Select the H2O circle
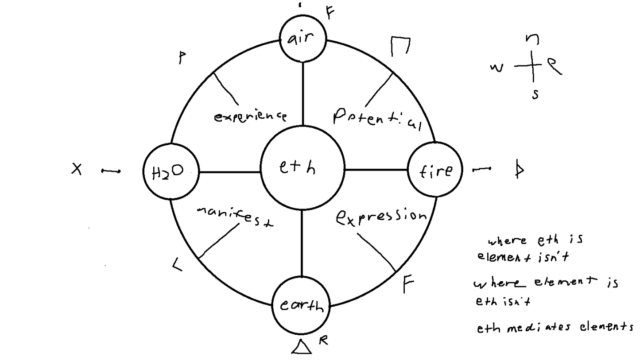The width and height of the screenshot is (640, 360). click(171, 171)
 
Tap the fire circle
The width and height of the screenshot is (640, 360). click(435, 170)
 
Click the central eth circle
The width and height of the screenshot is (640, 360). click(302, 167)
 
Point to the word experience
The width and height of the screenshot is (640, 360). click(250, 116)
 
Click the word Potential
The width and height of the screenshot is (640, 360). click(376, 118)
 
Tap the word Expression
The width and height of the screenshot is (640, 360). click(381, 217)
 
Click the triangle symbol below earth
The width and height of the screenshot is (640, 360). click(301, 347)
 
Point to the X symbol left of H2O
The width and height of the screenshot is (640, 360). click(77, 169)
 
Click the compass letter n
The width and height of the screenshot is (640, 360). click(532, 39)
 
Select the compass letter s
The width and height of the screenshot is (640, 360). click(535, 94)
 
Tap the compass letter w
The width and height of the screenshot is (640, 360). click(496, 68)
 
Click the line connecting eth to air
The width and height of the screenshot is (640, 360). click(303, 93)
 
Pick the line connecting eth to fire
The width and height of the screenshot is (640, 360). click(376, 169)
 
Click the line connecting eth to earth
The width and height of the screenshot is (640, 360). click(302, 243)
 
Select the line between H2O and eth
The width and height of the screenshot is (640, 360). click(229, 172)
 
